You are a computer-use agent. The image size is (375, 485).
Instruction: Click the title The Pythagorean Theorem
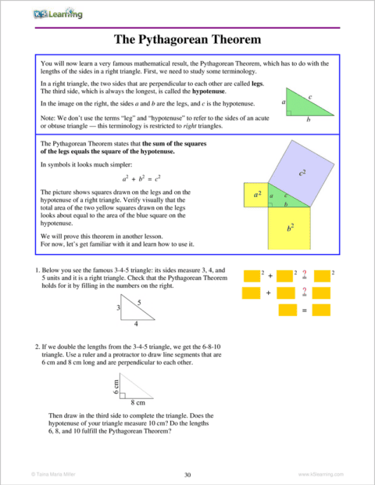[187, 38]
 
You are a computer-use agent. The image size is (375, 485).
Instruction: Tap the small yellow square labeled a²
[255, 194]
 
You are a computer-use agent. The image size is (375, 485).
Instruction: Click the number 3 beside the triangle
[118, 310]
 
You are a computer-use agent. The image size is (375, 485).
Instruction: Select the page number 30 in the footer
[187, 475]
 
